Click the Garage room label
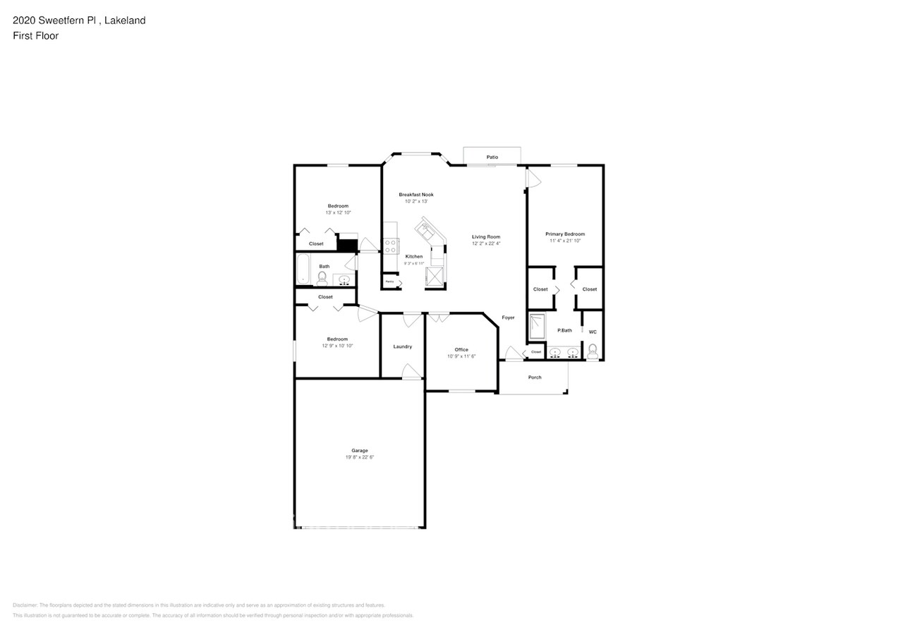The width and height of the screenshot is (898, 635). pos(360,450)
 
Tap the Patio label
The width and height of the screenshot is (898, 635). pos(492,157)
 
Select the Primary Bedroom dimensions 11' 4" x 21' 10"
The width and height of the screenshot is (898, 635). pos(564,241)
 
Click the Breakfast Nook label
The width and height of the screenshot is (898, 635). pos(415,195)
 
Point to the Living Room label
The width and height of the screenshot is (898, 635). pos(486,237)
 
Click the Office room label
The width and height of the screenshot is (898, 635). pos(461,350)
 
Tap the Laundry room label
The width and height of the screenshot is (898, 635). pos(402,346)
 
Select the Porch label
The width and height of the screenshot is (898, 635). pos(535,377)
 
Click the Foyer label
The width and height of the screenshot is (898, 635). pos(508,317)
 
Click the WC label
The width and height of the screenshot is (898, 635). pos(593,332)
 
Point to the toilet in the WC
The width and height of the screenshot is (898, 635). pos(593,350)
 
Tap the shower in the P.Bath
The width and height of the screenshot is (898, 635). pos(538,326)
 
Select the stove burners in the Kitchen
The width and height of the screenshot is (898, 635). pos(391,246)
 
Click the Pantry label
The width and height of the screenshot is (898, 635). pos(389,282)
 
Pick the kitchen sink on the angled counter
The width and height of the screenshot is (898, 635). pos(427,228)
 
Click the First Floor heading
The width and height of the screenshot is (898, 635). pos(35,35)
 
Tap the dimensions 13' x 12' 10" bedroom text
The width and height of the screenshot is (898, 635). pos(338,212)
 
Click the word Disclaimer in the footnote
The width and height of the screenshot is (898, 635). pos(25,605)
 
